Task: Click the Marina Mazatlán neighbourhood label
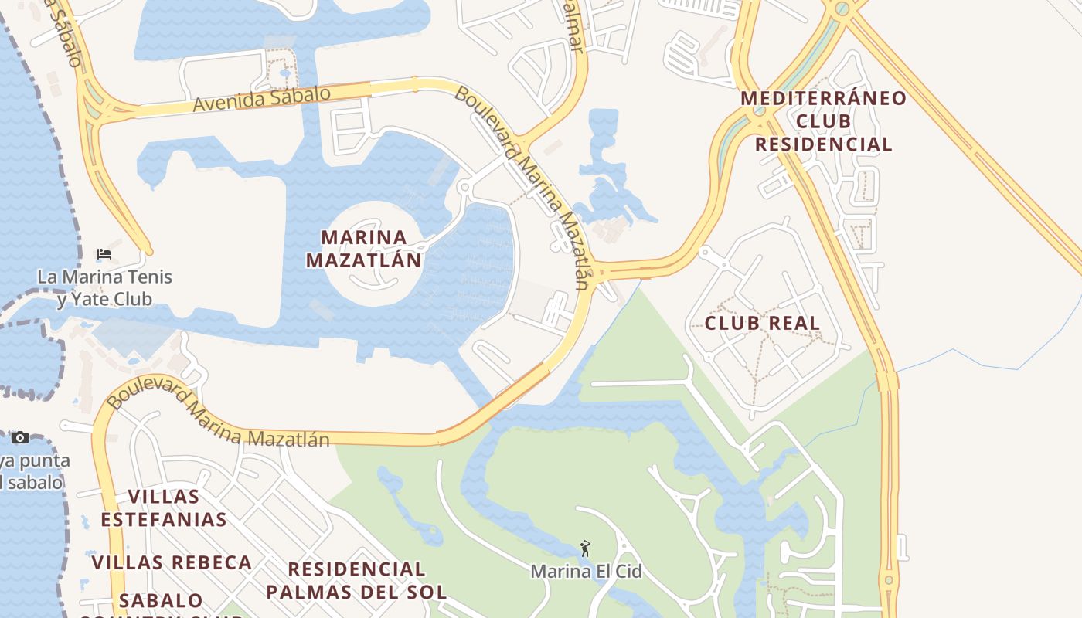364,248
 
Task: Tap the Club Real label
762,323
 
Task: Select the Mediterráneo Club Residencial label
823,121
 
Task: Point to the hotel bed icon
104,253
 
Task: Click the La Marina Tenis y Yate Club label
104,287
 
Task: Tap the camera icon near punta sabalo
20,438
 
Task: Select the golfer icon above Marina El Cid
585,548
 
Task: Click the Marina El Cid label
586,572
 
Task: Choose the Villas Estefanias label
164,508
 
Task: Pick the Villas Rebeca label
172,562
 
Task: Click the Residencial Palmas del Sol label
356,581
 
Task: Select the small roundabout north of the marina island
464,187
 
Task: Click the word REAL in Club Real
794,323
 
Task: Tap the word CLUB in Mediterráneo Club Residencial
823,121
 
